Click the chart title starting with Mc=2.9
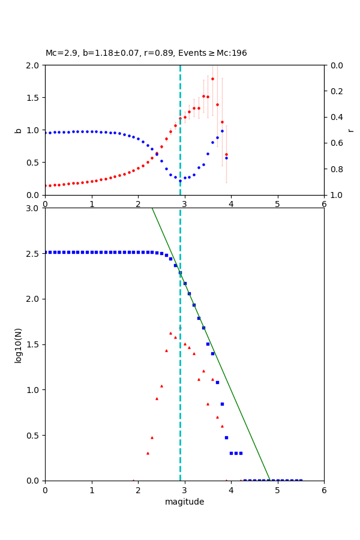point(146,53)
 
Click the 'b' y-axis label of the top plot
point(18,130)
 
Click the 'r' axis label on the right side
point(350,130)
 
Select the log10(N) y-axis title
point(18,344)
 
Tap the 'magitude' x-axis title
point(184,502)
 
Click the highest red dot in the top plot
point(212,79)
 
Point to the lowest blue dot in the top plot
point(180,181)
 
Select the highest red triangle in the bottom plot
point(170,333)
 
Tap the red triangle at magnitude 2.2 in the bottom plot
point(148,453)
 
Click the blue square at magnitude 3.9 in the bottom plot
point(226,437)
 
